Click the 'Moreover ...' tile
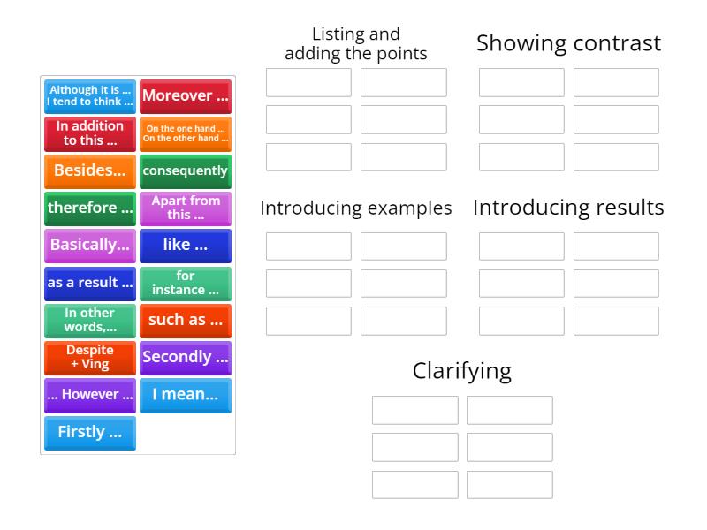coord(185,95)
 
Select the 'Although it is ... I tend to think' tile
coord(90,95)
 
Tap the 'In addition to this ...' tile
coord(90,133)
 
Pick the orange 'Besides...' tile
coord(90,170)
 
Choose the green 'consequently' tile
coord(185,170)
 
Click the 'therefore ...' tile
coord(90,208)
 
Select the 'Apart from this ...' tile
coord(185,208)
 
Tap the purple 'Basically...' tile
coord(90,245)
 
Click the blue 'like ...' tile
coord(185,245)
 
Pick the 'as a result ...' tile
coord(90,283)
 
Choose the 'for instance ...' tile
coord(185,283)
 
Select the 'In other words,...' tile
coord(90,320)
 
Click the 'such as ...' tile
coord(185,320)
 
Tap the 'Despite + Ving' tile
coord(90,357)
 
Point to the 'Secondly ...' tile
coord(185,357)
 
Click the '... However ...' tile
coord(90,395)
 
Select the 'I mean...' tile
coord(185,395)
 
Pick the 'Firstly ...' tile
coord(90,432)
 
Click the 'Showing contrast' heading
coord(568,43)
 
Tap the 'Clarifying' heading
coord(461,371)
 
